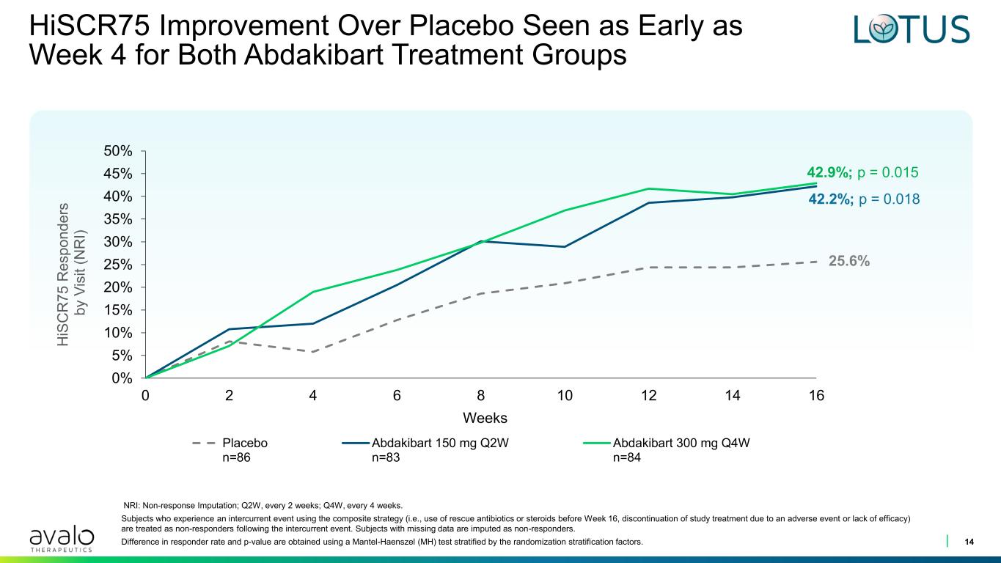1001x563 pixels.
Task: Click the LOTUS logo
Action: coord(912,29)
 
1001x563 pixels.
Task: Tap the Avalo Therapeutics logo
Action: coord(62,539)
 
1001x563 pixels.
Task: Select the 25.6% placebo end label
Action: coord(849,261)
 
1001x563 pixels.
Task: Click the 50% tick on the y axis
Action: coord(118,151)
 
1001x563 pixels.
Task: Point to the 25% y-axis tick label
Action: coord(118,265)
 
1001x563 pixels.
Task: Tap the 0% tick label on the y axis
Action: coord(122,378)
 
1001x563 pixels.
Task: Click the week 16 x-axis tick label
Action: coord(816,395)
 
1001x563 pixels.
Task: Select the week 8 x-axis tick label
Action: coord(481,395)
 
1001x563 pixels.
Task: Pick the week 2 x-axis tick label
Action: coord(230,395)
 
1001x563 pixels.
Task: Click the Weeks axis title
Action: coord(485,418)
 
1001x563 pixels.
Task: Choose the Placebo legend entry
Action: coord(230,450)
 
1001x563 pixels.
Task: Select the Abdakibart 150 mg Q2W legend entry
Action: coord(425,450)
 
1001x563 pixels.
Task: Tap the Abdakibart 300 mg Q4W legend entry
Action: coord(667,450)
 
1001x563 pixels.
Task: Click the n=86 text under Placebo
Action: coord(236,457)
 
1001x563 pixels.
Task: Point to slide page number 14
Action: coord(969,542)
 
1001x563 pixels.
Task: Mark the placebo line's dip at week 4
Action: coord(313,352)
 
